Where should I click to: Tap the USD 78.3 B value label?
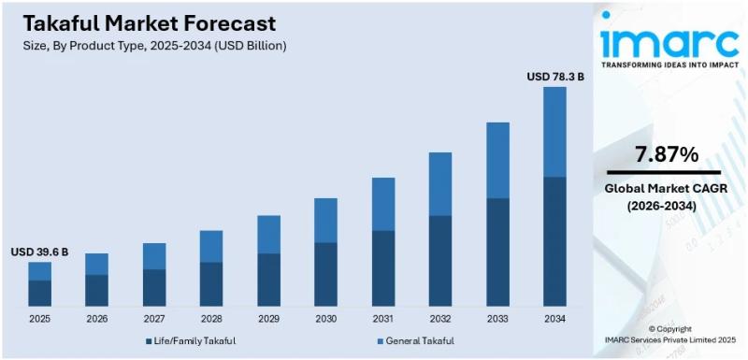tap(555, 76)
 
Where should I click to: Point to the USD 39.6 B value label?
tap(39, 252)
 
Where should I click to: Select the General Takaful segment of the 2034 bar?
tap(555, 132)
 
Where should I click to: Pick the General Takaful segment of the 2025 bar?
tap(39, 270)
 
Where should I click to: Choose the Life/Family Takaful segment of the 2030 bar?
tap(325, 274)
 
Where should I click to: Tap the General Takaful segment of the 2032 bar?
tap(440, 184)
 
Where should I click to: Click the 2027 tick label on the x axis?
tap(154, 318)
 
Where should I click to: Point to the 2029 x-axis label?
tap(268, 318)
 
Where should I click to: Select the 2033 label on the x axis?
tap(497, 318)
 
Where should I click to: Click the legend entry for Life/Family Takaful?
tap(191, 341)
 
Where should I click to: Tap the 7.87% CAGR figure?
tap(667, 154)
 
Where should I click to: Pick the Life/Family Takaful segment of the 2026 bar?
tap(97, 290)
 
